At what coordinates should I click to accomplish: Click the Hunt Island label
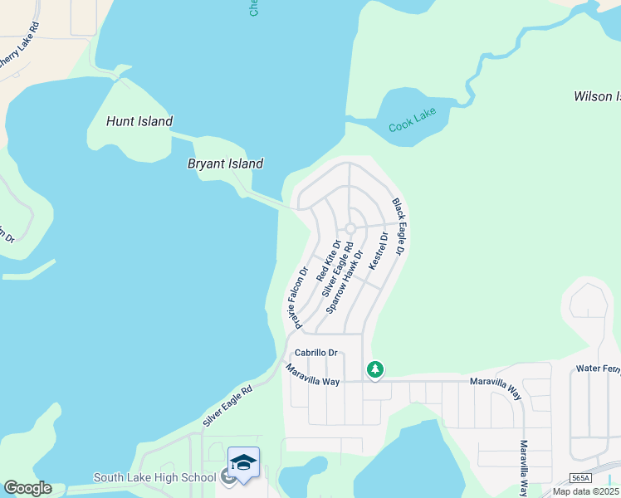[139, 122]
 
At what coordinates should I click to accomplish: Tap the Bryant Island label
[225, 164]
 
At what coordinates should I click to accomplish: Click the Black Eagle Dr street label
[399, 226]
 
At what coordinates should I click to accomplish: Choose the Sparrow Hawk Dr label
[345, 281]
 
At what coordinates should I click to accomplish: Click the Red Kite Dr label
[329, 261]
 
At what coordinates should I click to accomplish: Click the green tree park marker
[375, 368]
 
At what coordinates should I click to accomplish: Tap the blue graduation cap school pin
[243, 463]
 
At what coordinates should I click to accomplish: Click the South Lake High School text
[155, 477]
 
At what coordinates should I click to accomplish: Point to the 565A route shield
[582, 479]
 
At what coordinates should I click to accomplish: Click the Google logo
[27, 488]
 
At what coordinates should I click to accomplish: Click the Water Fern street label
[598, 368]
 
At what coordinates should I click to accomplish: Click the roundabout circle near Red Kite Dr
[350, 228]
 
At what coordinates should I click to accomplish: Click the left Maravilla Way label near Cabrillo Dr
[313, 375]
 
